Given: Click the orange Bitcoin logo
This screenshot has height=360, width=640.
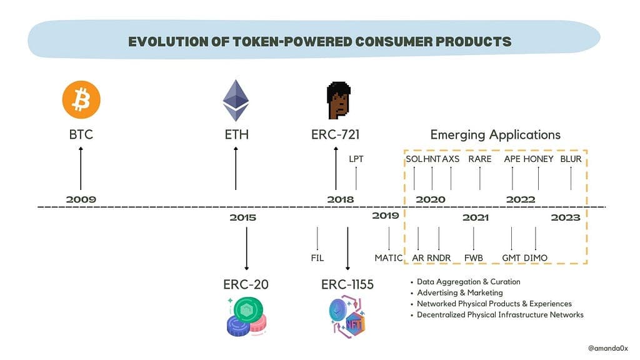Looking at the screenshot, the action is (81, 99).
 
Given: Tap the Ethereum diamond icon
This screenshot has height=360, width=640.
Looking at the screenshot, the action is (236, 101).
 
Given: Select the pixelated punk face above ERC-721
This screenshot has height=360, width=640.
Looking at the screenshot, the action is (338, 100).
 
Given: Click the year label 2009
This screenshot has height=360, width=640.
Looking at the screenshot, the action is (81, 199).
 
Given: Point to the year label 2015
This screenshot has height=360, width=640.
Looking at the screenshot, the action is (243, 217).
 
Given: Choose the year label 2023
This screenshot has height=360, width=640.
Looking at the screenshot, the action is (566, 217).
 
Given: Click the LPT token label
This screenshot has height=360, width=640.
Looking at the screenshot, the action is (356, 159).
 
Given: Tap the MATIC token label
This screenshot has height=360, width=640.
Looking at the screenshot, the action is (389, 258).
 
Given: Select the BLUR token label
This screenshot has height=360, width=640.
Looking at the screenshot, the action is (571, 159).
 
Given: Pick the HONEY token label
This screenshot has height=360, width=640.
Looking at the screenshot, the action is (538, 159).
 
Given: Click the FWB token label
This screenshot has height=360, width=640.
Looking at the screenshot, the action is (474, 258).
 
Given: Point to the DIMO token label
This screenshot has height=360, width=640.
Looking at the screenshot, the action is (536, 258).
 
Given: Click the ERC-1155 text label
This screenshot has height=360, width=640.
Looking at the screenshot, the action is (347, 284).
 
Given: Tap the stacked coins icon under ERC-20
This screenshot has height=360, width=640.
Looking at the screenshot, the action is (246, 317).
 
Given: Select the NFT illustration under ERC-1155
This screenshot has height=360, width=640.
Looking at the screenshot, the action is (347, 317).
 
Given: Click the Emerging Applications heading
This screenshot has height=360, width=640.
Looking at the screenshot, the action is (496, 135).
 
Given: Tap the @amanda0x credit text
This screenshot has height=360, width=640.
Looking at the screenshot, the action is (608, 348).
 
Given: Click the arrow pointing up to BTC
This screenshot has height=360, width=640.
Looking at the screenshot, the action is (81, 168).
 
